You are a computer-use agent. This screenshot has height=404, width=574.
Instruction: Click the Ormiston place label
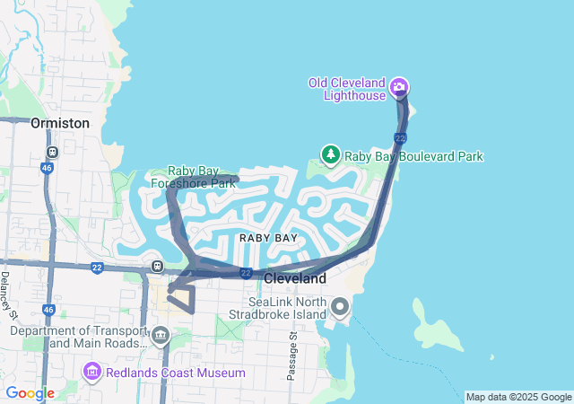click(60, 123)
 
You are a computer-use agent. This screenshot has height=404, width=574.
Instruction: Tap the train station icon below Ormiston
click(52, 153)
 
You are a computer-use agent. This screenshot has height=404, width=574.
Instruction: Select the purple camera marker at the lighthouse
click(399, 88)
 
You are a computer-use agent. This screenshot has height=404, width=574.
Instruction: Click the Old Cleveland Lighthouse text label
click(347, 89)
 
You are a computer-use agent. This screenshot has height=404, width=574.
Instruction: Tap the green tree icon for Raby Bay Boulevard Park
click(331, 156)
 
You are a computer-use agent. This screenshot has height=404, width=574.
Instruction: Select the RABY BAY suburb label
click(268, 238)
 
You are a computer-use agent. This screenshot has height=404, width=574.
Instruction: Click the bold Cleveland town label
click(295, 279)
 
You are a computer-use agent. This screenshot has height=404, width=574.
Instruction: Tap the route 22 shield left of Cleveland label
click(245, 273)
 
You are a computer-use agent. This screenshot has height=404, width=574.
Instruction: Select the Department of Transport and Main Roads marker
click(161, 337)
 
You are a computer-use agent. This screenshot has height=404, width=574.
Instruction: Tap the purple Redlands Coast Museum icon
click(91, 372)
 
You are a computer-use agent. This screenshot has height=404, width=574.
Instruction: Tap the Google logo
click(30, 393)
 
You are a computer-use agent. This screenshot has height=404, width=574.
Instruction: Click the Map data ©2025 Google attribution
click(518, 397)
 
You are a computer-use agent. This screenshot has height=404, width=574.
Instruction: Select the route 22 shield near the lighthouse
click(400, 137)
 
